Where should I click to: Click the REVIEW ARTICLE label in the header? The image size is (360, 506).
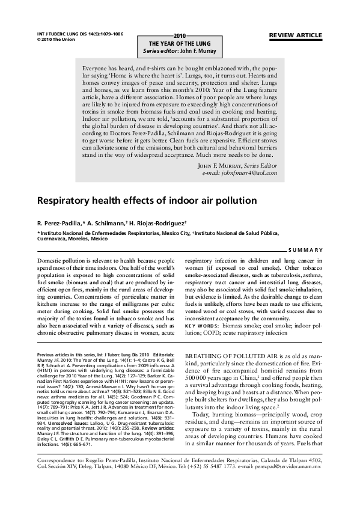[296, 35]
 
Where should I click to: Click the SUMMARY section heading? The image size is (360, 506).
[305, 249]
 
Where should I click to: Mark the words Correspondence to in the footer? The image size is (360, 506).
[56, 475]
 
